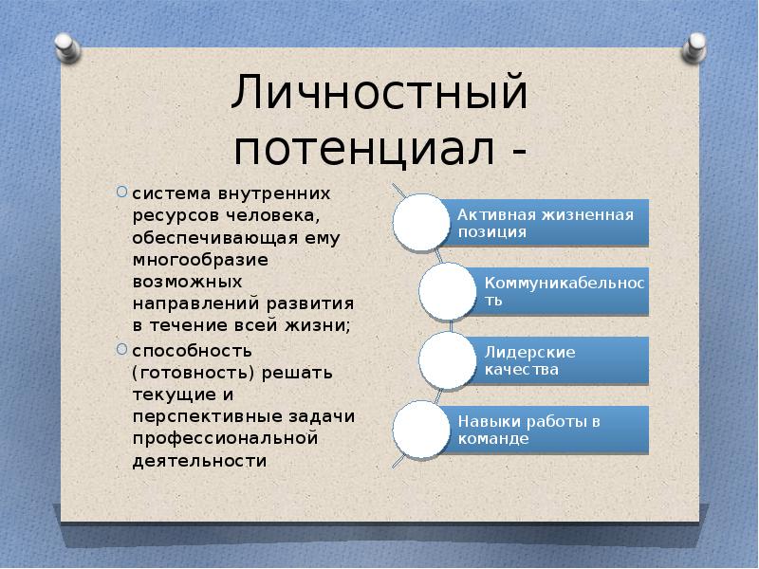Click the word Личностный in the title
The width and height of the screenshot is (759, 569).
379,92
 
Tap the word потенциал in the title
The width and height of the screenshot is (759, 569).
363,148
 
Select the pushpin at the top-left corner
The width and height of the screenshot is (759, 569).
66,47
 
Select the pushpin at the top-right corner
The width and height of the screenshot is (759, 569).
694,47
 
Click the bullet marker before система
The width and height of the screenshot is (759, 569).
121,193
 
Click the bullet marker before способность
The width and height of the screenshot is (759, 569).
121,349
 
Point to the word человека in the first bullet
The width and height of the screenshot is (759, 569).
273,216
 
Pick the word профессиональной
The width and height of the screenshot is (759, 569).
225,439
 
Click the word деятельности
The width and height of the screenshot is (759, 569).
199,460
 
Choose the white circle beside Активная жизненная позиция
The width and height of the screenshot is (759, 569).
421,222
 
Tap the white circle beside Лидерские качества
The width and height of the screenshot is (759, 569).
447,360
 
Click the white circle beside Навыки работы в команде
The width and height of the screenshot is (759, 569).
421,430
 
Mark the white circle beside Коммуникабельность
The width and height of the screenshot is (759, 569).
447,291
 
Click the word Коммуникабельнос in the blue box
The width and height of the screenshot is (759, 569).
565,284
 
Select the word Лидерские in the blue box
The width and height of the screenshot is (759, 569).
530,353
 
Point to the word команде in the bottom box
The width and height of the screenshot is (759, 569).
493,439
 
